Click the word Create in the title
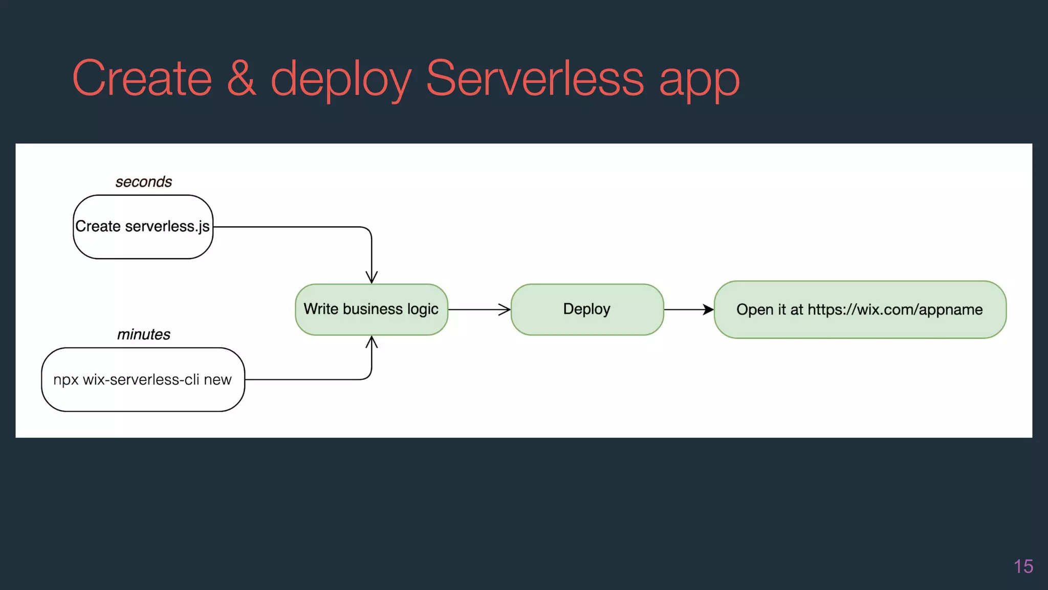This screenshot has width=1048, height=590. pos(142,78)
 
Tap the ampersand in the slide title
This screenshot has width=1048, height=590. pos(241,78)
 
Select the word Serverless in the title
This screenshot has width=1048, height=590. pos(535,78)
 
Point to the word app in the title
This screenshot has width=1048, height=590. pos(699,82)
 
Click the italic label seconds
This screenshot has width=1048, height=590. pos(144,182)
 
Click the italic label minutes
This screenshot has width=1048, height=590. pos(144,334)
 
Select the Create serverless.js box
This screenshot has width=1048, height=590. pos(143,226)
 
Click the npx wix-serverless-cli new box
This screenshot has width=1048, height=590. pos(143,380)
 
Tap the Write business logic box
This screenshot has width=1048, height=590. pos(372,309)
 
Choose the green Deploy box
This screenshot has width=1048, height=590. pos(587,309)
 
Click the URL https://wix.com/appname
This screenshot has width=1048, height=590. pos(895,310)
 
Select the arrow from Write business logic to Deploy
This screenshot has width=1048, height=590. pos(479,309)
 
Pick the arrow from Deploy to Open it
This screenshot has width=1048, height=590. pos(688,309)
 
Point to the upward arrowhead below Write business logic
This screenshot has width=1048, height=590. pos(372,342)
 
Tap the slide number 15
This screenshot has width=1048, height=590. pos(1023,566)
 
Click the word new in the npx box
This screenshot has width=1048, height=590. pos(217,380)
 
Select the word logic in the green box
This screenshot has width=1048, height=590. pos(423,309)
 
